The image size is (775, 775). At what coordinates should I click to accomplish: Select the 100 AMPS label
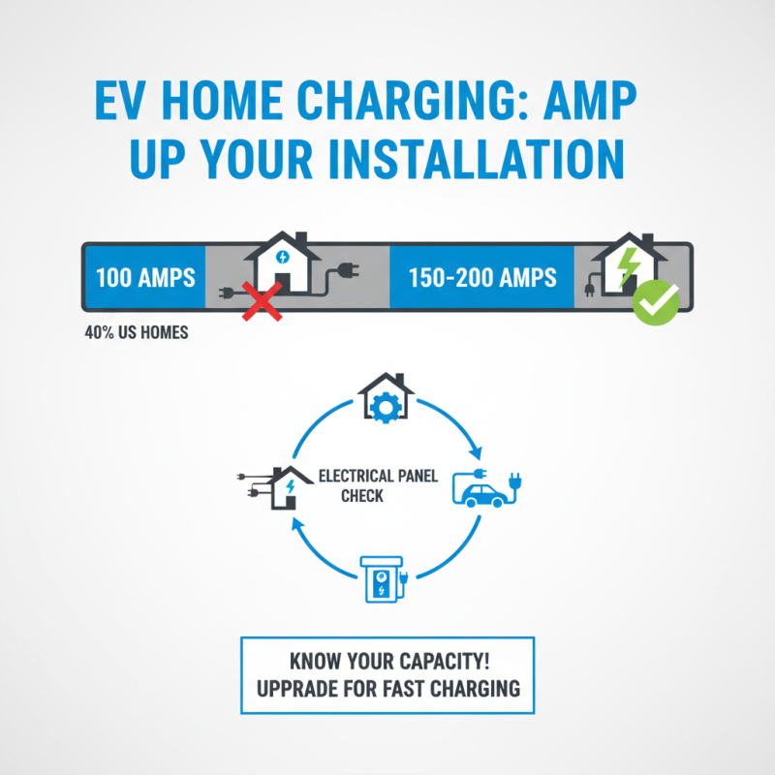(x=145, y=278)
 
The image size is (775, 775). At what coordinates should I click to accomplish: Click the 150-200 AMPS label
(x=483, y=278)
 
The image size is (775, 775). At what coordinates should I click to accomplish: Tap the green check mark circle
(x=656, y=302)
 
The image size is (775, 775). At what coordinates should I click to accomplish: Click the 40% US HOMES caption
(x=137, y=333)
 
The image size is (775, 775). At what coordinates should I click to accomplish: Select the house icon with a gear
(x=387, y=398)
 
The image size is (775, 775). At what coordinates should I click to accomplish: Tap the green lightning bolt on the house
(x=629, y=265)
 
